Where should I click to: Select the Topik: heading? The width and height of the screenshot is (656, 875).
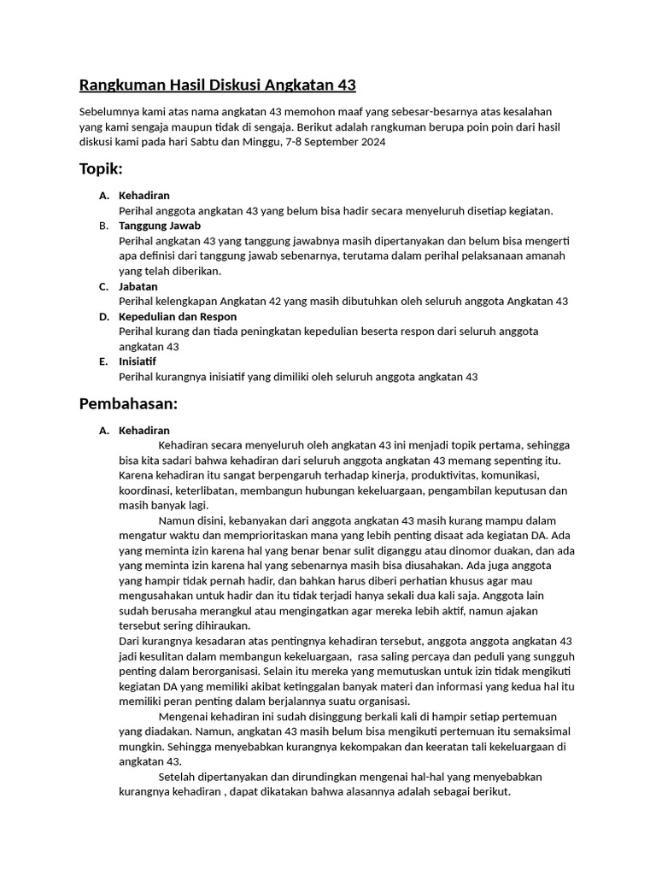tap(101, 168)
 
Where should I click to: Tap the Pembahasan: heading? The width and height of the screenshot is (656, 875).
tap(127, 402)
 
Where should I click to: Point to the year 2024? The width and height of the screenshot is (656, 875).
tap(372, 142)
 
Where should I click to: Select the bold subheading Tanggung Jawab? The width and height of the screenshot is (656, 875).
tap(160, 226)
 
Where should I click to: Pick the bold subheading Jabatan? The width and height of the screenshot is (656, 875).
tap(138, 286)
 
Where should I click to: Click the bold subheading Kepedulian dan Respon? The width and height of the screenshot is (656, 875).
tap(178, 316)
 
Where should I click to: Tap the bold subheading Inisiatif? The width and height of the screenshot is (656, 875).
tap(138, 361)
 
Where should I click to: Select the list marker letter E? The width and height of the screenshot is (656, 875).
tap(102, 361)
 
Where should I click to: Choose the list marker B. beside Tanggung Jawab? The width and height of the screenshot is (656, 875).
tap(102, 226)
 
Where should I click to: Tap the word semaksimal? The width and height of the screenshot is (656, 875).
tap(540, 731)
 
